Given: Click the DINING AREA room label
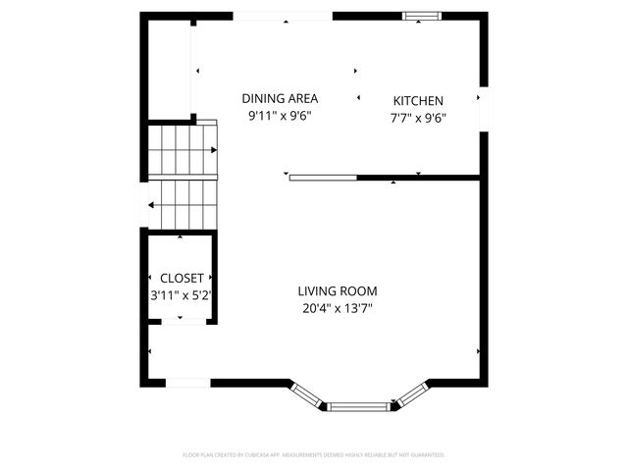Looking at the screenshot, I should click(280, 98).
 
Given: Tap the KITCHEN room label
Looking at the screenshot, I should click(418, 101).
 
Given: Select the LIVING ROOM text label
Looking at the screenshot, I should click(338, 291).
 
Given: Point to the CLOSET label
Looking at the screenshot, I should click(181, 278).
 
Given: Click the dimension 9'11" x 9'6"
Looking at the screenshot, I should click(280, 116).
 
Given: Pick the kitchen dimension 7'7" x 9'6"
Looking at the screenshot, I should click(418, 118).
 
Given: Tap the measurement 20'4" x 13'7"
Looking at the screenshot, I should click(338, 308).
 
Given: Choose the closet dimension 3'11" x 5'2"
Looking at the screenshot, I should click(181, 294).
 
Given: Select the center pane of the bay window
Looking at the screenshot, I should click(358, 406).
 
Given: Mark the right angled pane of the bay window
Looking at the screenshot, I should click(410, 394).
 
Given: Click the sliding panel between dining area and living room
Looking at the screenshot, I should click(322, 178).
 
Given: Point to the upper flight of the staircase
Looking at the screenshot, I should click(182, 150).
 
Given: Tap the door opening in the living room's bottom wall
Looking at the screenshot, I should click(187, 383).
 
